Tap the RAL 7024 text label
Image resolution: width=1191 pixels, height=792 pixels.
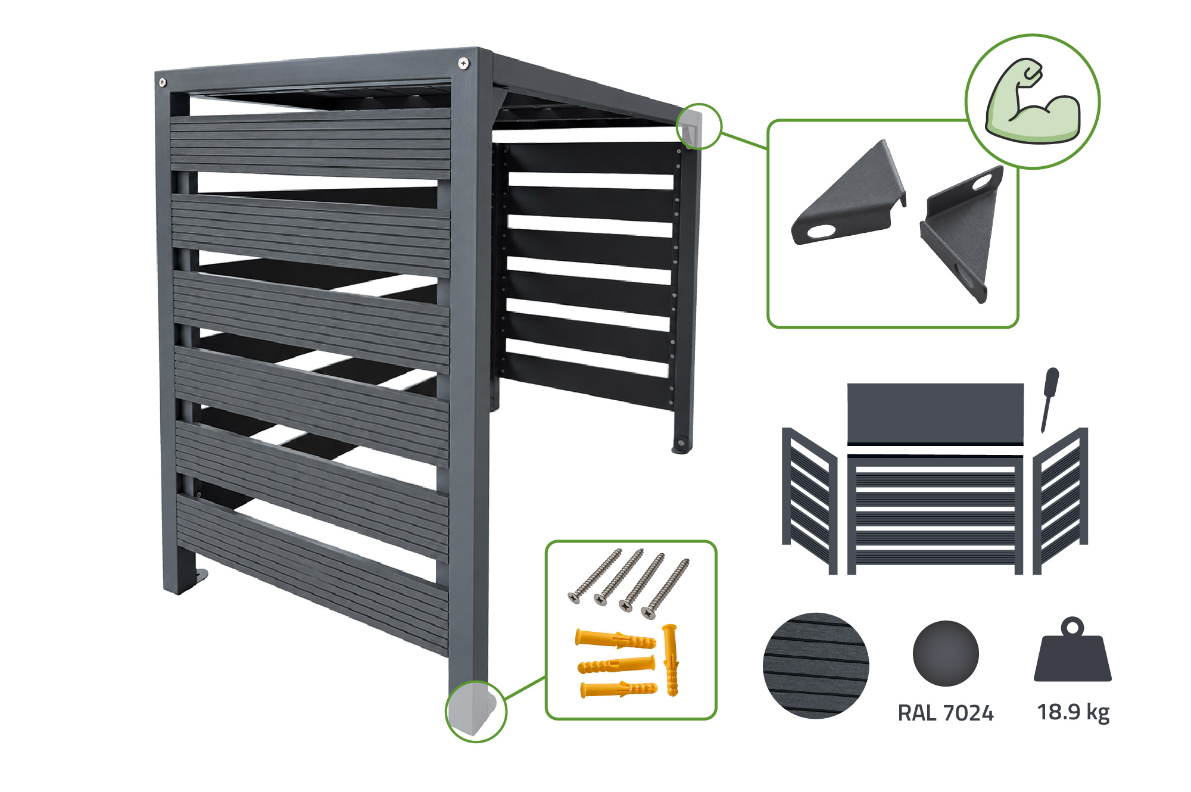(x=946, y=713)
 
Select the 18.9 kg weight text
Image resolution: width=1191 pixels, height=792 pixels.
(x=1073, y=712)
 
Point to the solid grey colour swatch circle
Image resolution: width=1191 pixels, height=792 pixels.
(x=946, y=653)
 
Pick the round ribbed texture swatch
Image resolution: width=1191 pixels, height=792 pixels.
(x=816, y=665)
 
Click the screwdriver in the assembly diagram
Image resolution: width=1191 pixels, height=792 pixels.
(x=1049, y=399)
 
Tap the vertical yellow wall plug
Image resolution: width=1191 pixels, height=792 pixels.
(x=671, y=660)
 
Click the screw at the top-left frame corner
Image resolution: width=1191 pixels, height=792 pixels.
(x=163, y=82)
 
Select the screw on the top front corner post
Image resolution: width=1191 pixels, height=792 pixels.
(x=463, y=63)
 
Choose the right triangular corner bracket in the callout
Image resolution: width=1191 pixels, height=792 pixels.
(x=962, y=232)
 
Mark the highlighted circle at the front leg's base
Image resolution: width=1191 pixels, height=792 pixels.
(x=476, y=711)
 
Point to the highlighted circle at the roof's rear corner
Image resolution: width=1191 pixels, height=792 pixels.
(x=699, y=126)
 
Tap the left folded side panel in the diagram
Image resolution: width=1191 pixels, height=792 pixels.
(x=810, y=500)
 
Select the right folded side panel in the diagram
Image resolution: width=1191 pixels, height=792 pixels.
(x=1061, y=500)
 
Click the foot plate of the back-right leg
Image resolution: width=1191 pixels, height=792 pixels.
(x=682, y=445)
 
